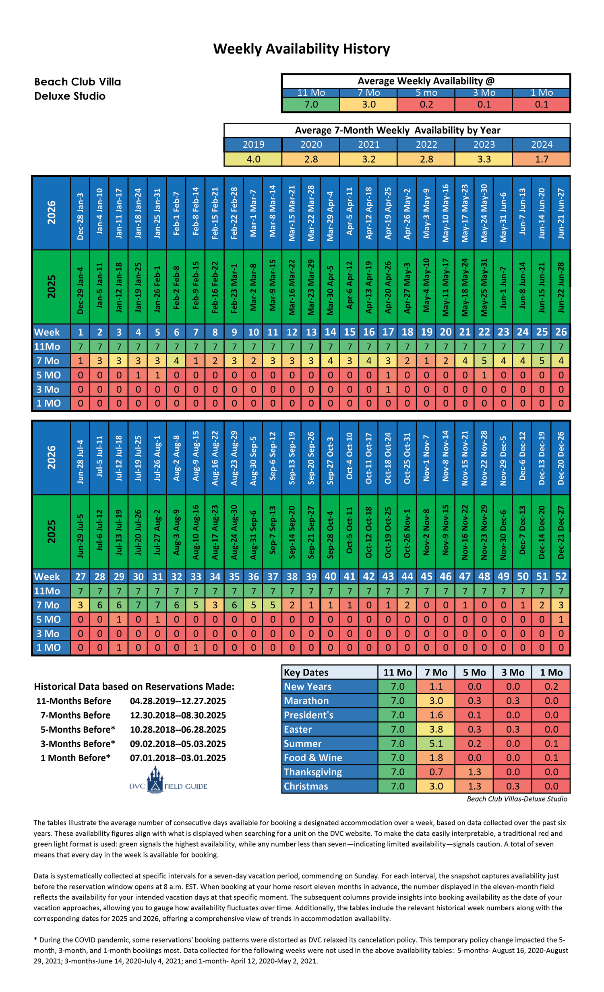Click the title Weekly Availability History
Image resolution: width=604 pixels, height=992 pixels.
pos(301,49)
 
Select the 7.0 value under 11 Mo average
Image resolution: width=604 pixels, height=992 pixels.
pos(311,105)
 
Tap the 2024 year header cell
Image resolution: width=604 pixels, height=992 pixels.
pos(541,144)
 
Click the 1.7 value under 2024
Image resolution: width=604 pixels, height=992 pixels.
pos(541,159)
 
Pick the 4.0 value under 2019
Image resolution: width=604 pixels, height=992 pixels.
pos(253,159)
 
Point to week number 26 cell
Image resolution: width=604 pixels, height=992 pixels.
pos(561,332)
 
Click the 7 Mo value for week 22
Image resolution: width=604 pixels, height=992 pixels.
pos(484,360)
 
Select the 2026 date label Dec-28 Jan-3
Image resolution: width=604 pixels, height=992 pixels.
pos(80,213)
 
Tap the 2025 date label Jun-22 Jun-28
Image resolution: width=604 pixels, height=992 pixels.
pos(561,287)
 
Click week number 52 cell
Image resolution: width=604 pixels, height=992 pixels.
pos(561,576)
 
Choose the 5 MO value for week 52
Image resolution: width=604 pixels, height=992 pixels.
pos(561,619)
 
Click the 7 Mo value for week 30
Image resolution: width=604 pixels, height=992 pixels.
pos(138,605)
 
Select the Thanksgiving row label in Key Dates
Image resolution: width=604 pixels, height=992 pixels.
pos(312,772)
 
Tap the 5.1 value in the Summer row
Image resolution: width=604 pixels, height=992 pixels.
pos(436,743)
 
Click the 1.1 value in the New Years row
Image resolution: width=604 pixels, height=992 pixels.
pos(436,686)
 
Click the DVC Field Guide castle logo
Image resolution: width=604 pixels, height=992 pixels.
pos(155,780)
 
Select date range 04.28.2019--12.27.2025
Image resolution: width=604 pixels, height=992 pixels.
pos(178,701)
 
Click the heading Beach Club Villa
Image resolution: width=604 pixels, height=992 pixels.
pos(77,82)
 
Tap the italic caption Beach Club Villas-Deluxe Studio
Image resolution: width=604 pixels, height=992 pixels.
pos(517,799)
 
